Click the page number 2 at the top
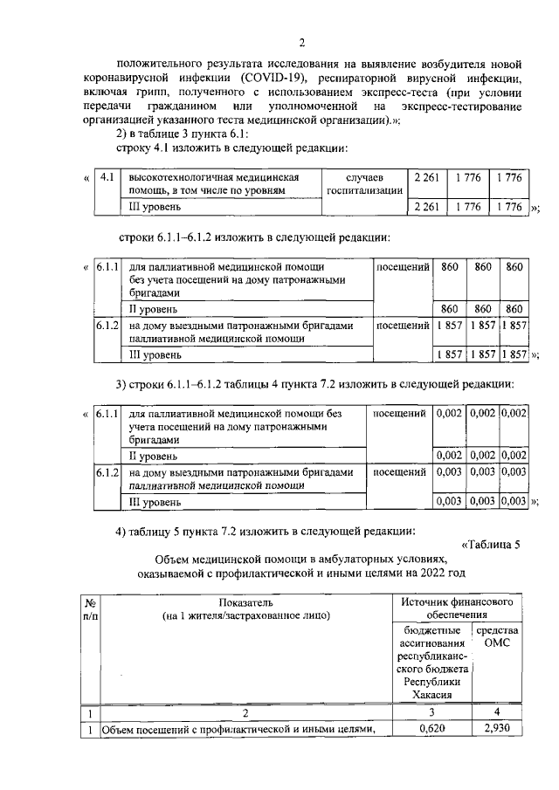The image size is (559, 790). [x=300, y=44]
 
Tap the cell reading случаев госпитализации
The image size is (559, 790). [x=363, y=184]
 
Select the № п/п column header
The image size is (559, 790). [x=90, y=609]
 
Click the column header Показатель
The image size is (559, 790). [x=247, y=602]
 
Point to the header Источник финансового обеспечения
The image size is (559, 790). [x=455, y=609]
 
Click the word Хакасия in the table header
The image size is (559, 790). [x=426, y=694]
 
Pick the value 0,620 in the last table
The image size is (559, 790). [x=427, y=729]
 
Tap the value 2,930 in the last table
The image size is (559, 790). [x=496, y=729]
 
